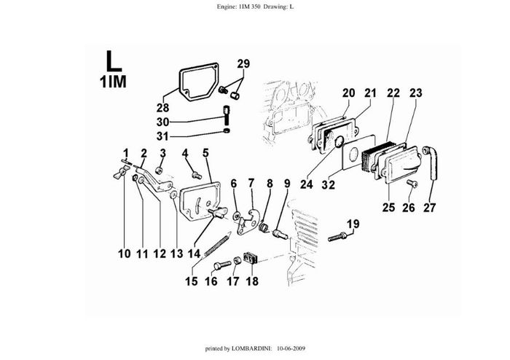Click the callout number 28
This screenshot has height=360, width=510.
162,108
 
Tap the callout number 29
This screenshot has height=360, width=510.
243,63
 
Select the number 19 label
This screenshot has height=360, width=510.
353,224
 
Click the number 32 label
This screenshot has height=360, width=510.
329,185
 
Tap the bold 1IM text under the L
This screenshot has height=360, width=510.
112,80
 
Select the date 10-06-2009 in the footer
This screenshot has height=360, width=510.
291,349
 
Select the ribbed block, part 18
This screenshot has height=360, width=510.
252,259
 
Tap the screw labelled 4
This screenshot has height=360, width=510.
195,175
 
